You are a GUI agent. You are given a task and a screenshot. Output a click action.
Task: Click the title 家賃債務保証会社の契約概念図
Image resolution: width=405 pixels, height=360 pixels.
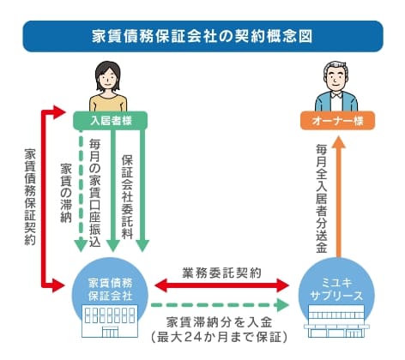[202, 39]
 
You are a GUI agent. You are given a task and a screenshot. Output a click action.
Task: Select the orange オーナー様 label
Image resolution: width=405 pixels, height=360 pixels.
[336, 121]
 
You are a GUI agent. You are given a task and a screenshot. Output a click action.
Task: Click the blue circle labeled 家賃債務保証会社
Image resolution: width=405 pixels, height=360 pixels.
[110, 288]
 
